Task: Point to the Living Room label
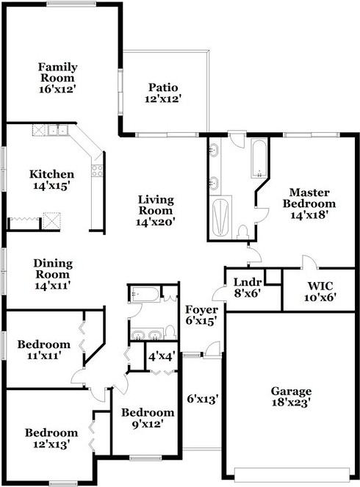pyautogui.click(x=156, y=210)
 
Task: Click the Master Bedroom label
pyautogui.click(x=312, y=203)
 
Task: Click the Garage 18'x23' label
pyautogui.click(x=291, y=397)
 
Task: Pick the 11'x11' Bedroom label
pyautogui.click(x=44, y=350)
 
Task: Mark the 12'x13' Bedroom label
pyautogui.click(x=51, y=439)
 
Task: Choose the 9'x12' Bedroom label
pyautogui.click(x=148, y=418)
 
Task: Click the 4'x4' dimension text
pyautogui.click(x=162, y=356)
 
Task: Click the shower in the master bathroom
pyautogui.click(x=220, y=218)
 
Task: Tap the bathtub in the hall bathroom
pyautogui.click(x=145, y=296)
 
